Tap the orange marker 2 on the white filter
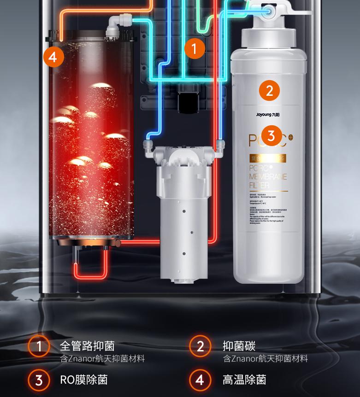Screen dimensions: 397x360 pyautogui.click(x=270, y=90)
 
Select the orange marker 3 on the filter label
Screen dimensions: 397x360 pyautogui.click(x=271, y=136)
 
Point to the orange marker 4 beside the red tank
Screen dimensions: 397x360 pyautogui.click(x=53, y=58)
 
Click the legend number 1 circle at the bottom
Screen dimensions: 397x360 pyautogui.click(x=39, y=346)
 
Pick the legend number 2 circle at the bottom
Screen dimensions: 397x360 pyautogui.click(x=201, y=346)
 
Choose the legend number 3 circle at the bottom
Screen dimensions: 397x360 pyautogui.click(x=39, y=380)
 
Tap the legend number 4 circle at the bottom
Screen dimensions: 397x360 pyautogui.click(x=201, y=380)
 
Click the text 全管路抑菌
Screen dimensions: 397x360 pyautogui.click(x=87, y=346)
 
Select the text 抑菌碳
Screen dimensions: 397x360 pyautogui.click(x=239, y=346)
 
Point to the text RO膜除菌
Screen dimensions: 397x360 pyautogui.click(x=84, y=380)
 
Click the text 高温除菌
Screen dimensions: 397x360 pyautogui.click(x=244, y=380)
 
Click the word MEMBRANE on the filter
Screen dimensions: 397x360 pyautogui.click(x=268, y=176)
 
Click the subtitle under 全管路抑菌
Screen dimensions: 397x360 pyautogui.click(x=102, y=358)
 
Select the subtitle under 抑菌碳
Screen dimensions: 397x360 pyautogui.click(x=266, y=358)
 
